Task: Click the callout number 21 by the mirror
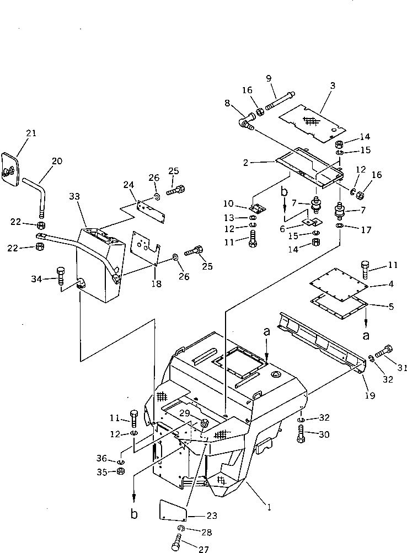[x=31, y=133]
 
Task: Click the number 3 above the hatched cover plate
[x=332, y=85]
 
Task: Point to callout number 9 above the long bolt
[x=269, y=79]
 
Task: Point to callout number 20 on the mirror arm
[x=57, y=162]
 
